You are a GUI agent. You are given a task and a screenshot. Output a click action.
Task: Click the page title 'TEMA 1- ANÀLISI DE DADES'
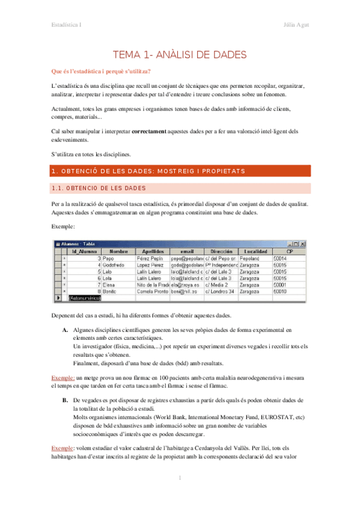[180, 54]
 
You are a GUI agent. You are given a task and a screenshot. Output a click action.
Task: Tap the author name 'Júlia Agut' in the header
[296, 24]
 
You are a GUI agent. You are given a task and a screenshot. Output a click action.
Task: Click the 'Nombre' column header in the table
[118, 251]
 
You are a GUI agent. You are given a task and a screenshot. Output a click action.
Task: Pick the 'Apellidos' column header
[153, 251]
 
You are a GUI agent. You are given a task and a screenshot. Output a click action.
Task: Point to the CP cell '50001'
[279, 284]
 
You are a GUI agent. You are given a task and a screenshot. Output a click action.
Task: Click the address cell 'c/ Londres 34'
[221, 290]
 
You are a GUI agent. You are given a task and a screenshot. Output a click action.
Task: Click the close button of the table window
[304, 244]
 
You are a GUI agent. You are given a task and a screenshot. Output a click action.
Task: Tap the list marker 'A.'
[65, 331]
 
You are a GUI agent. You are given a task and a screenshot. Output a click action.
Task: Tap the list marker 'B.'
[65, 400]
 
